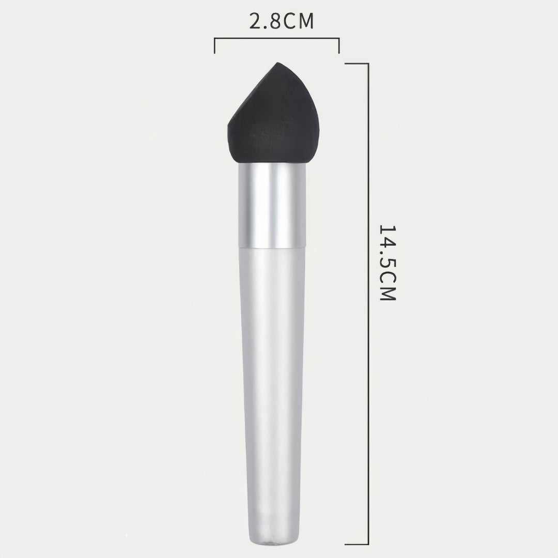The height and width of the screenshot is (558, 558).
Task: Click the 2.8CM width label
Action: tap(281, 21)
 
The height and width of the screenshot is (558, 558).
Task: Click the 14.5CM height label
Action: tap(387, 263)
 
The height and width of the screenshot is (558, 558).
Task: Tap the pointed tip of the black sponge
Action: tap(277, 63)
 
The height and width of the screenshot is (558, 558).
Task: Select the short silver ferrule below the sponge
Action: tap(272, 205)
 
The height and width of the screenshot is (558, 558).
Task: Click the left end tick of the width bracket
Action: tap(214, 45)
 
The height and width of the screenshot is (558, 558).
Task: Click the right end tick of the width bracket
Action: tap(339, 45)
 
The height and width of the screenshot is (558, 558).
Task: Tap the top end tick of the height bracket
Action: tap(357, 64)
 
